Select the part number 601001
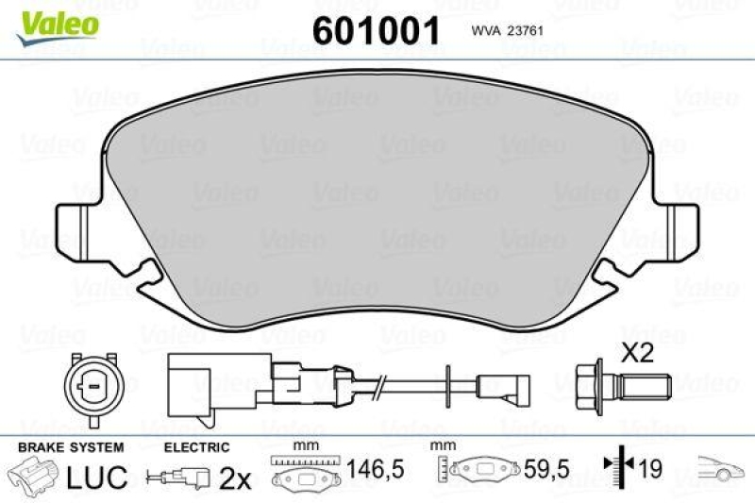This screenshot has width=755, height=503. click(377, 30)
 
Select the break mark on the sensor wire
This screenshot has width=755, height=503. click(378, 386)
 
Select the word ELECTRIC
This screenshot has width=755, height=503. click(196, 447)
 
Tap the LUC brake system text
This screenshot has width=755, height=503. click(97, 478)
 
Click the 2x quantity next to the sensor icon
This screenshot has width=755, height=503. click(234, 478)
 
